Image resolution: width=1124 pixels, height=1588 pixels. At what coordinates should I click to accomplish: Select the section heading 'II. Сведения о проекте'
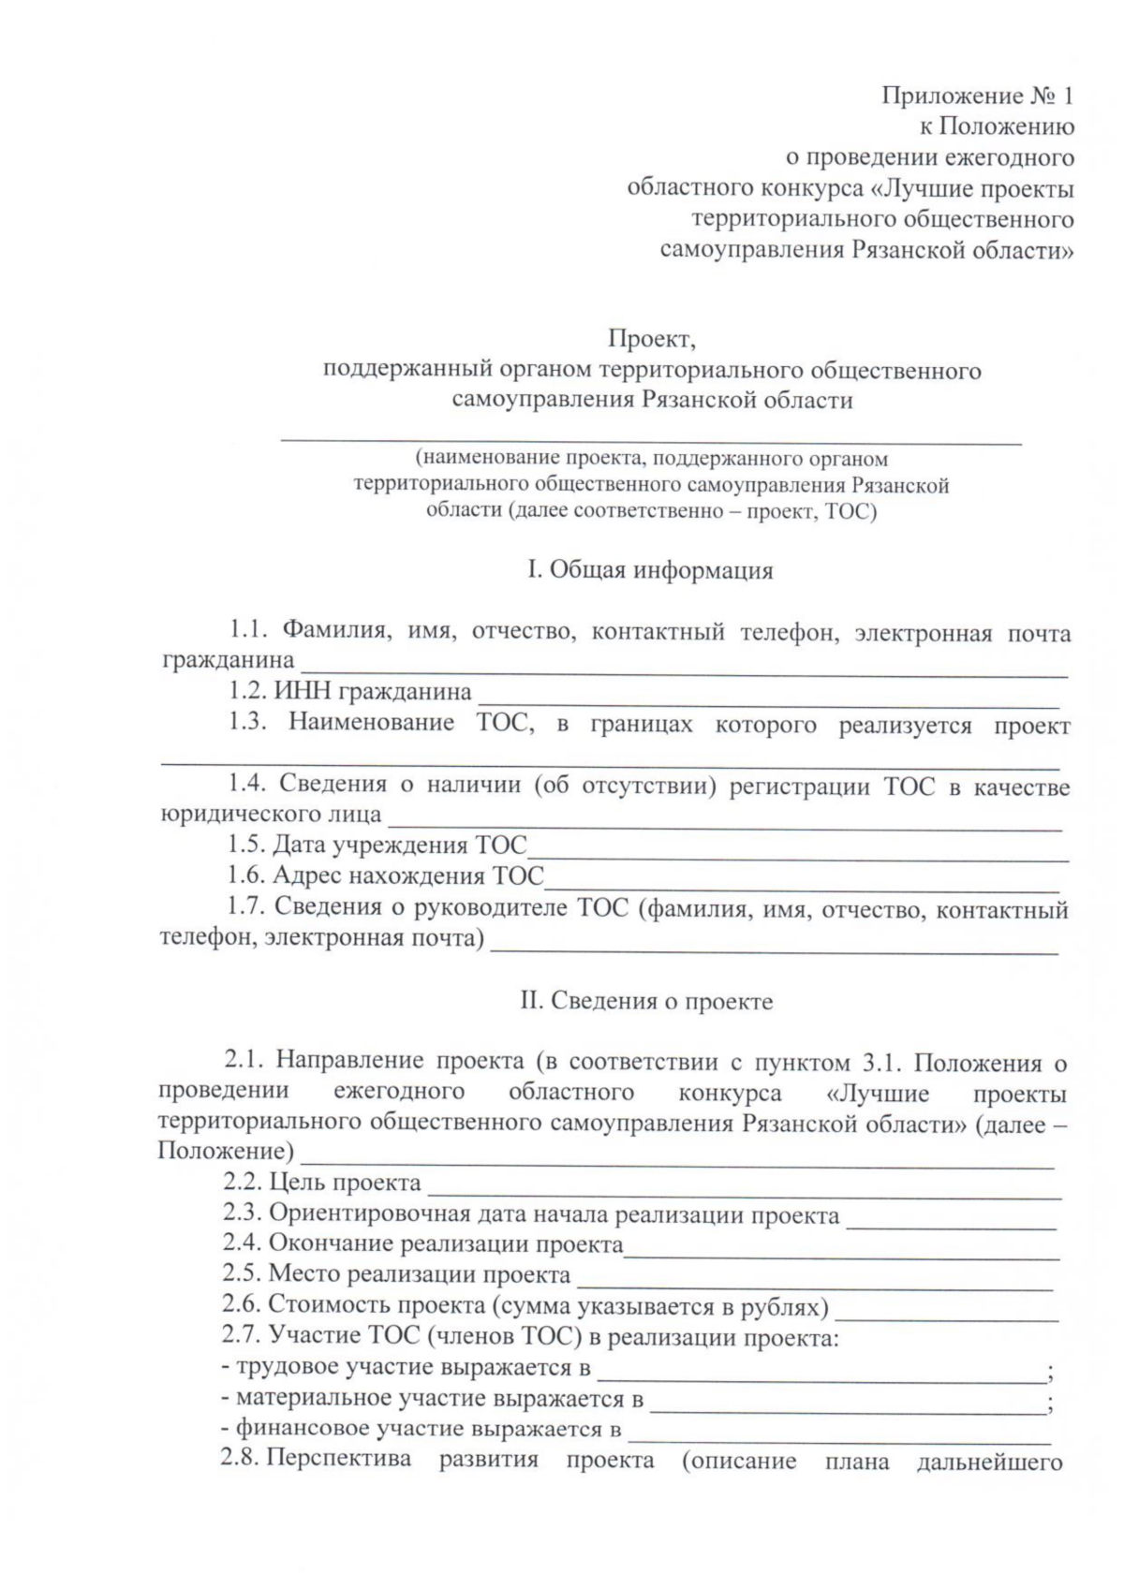click(646, 1001)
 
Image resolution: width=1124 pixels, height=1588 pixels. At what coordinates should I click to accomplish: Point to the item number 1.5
click(245, 845)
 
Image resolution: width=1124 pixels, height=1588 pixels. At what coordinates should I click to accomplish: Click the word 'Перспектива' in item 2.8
click(339, 1460)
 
